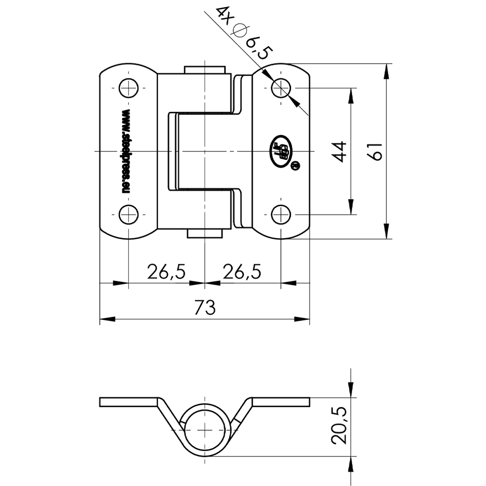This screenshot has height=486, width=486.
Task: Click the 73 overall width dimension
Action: tap(205, 308)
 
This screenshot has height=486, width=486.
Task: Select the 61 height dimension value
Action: tap(376, 151)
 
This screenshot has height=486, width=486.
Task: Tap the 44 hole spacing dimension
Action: tap(341, 151)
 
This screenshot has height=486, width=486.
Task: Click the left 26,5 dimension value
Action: tap(166, 271)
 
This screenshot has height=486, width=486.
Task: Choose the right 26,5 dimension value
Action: tap(242, 271)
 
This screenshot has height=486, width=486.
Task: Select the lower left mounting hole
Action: tap(128, 214)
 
